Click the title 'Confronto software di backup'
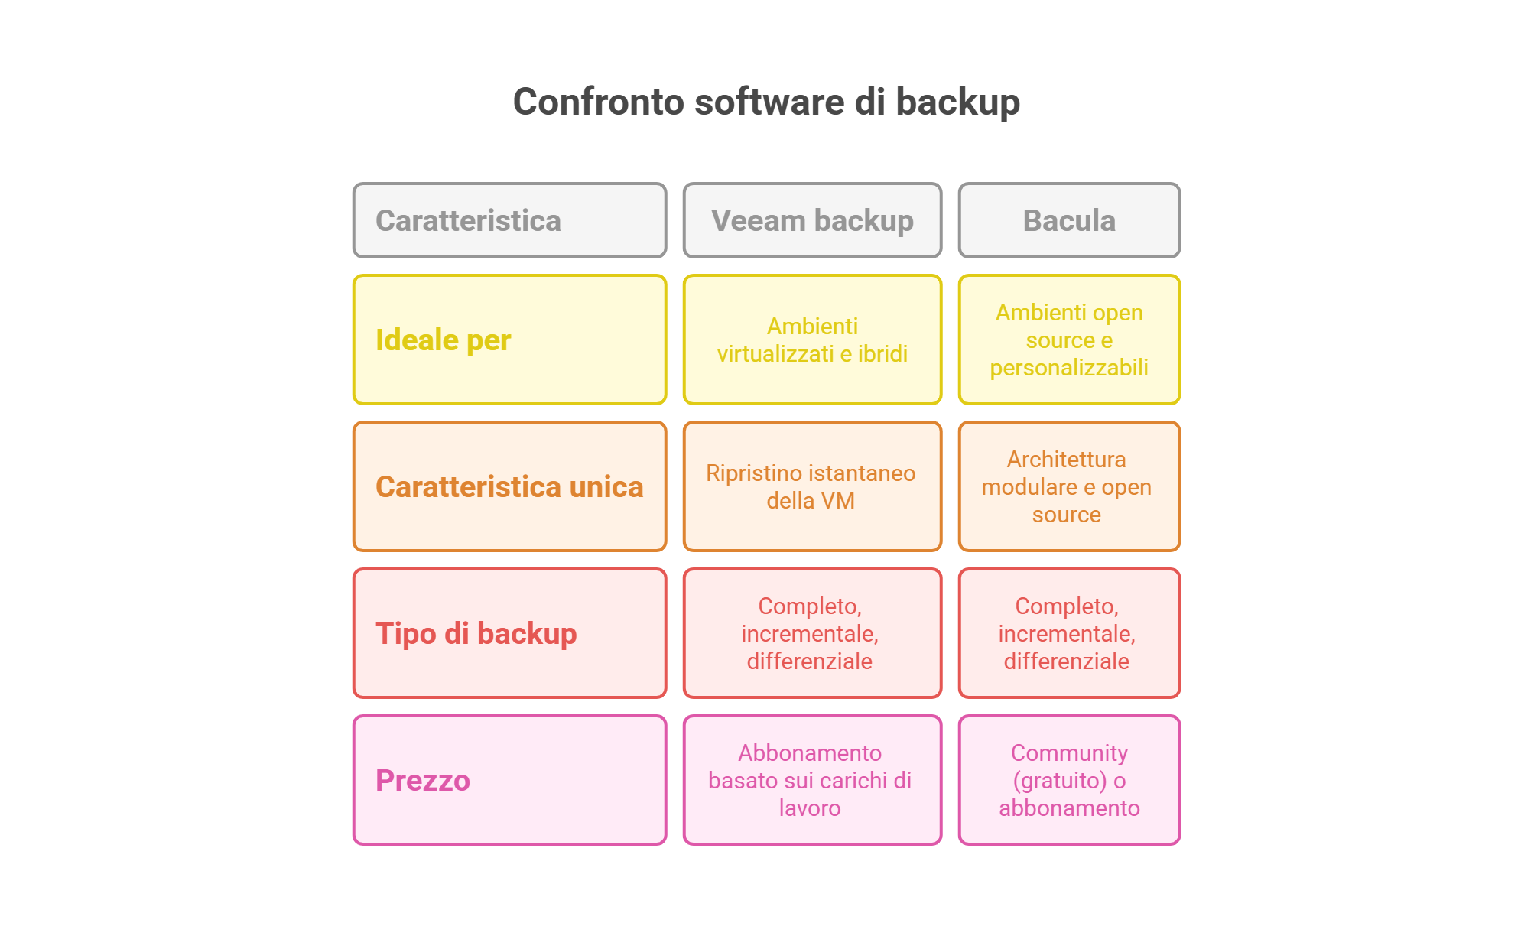(x=766, y=102)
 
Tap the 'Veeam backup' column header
(x=812, y=220)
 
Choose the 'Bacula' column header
(x=1069, y=220)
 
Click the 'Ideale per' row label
(x=443, y=340)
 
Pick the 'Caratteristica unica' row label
(x=509, y=487)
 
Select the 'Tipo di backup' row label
(x=476, y=634)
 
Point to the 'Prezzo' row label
(x=422, y=781)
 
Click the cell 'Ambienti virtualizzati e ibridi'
(x=812, y=340)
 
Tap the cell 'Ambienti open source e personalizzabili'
(x=1069, y=340)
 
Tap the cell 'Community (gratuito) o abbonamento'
(x=1069, y=780)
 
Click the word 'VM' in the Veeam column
(x=839, y=500)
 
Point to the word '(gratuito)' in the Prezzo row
(x=1060, y=781)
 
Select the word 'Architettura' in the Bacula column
(x=1066, y=459)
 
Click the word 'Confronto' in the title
(x=599, y=102)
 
